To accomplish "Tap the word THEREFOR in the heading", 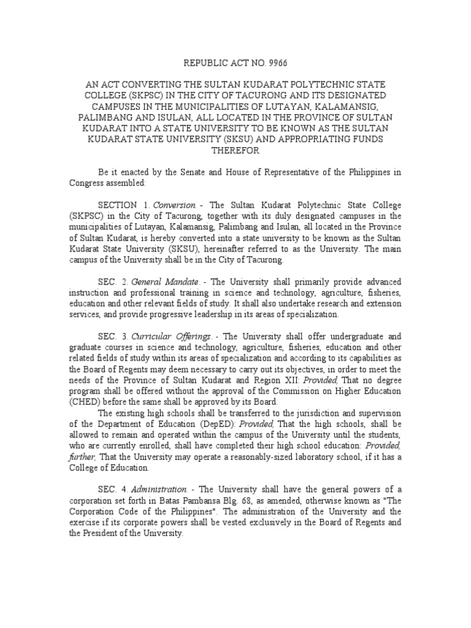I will click(235, 151).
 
